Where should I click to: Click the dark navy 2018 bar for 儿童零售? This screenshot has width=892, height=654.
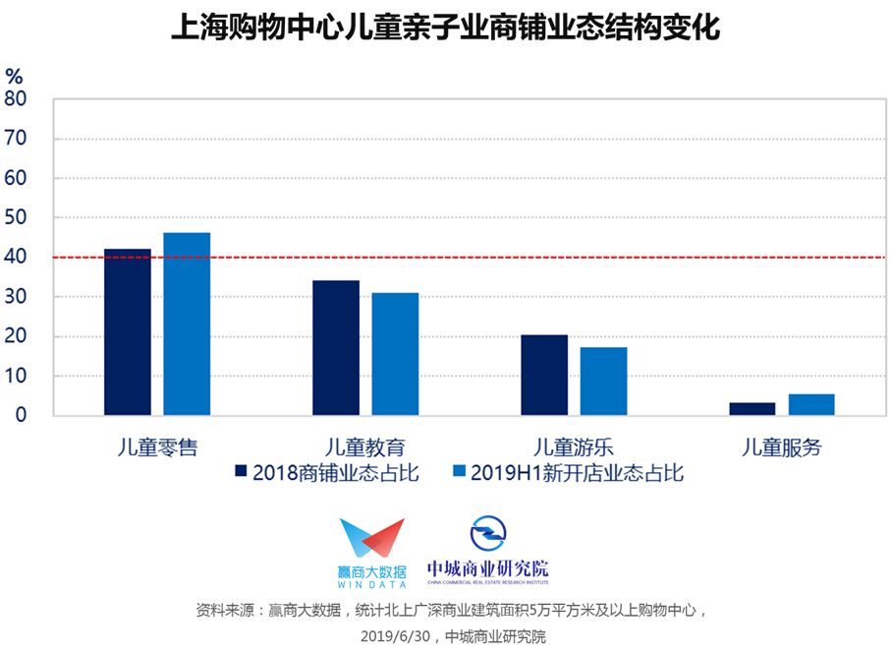coord(128,332)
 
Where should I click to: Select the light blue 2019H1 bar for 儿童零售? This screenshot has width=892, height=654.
coord(187,324)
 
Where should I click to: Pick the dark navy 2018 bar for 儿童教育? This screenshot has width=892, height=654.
coord(336,347)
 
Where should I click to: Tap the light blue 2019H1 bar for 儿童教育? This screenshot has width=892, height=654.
coord(395,354)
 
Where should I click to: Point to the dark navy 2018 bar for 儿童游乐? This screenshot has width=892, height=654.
coord(544,375)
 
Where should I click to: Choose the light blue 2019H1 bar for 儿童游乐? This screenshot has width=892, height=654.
coord(603,382)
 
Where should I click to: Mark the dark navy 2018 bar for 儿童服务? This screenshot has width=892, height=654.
coord(753,409)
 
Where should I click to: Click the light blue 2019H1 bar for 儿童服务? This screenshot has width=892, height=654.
coord(811,404)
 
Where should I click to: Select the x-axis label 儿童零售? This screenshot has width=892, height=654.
coord(157,447)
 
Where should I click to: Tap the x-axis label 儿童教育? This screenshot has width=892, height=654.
coord(365,447)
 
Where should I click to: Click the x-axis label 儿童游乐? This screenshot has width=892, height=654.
coord(574,447)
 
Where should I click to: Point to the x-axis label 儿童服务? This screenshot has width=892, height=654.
coord(782,447)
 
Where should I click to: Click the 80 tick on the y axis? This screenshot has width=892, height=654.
coord(16,99)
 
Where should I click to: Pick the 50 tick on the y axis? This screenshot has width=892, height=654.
coord(16,217)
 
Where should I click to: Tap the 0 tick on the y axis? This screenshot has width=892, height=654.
coord(21,415)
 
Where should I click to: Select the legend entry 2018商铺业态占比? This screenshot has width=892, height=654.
coord(327,473)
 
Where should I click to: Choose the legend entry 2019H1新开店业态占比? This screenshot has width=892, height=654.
coord(569,473)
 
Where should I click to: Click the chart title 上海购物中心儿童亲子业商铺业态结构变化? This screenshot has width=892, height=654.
coord(446,27)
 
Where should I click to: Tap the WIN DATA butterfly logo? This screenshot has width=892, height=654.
coord(372,537)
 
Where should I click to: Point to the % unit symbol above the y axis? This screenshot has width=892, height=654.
coord(14,76)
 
